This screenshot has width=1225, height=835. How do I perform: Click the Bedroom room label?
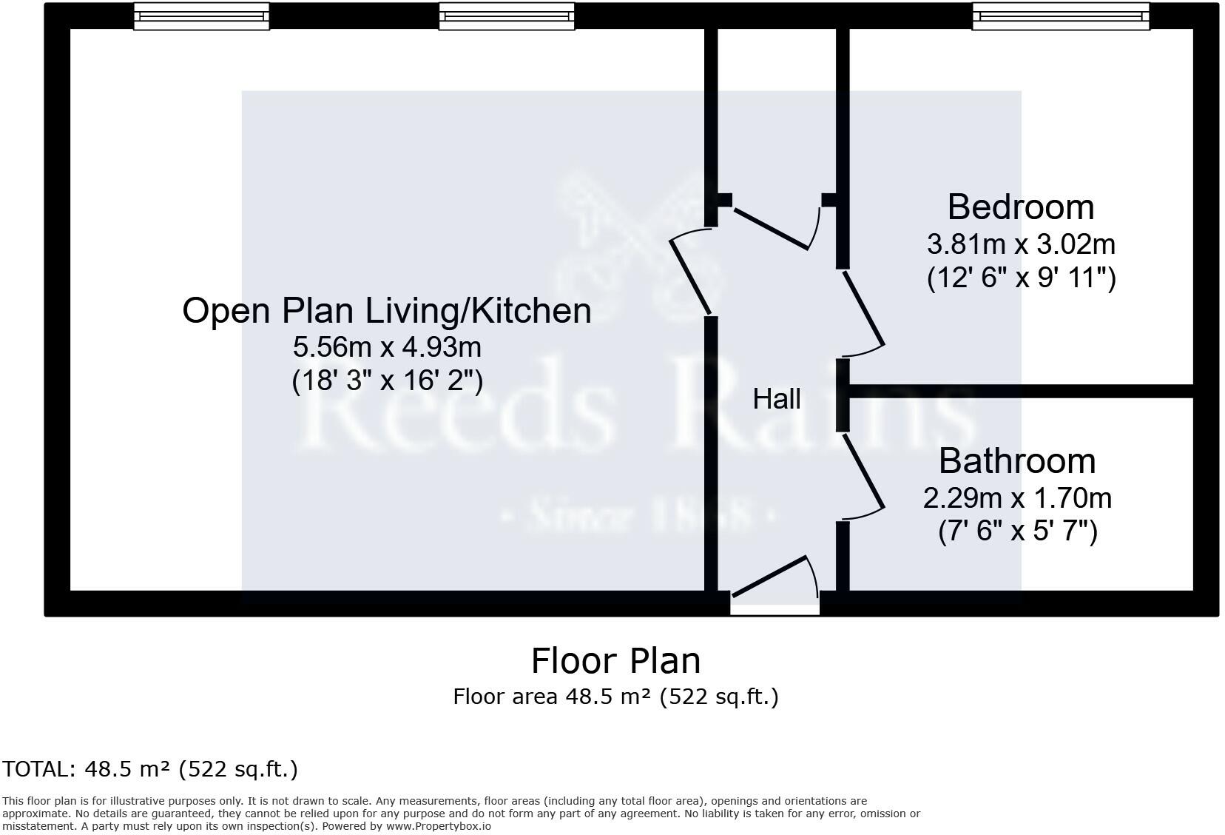[1020, 207]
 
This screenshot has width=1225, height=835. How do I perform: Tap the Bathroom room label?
[1017, 461]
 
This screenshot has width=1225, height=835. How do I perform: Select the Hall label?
[777, 399]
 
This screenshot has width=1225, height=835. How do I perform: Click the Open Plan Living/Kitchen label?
[386, 310]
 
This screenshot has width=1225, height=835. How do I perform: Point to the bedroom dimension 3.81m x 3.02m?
[1021, 244]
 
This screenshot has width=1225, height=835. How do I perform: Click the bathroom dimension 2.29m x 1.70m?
[1017, 498]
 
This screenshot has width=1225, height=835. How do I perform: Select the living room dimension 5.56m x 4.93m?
[387, 346]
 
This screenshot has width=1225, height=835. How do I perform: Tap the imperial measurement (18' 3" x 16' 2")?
[387, 381]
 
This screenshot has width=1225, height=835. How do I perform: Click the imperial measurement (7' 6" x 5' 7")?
[1017, 532]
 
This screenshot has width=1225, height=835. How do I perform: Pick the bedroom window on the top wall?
[1061, 16]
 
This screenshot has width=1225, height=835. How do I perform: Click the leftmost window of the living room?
[201, 16]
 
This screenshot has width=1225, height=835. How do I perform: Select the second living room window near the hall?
[506, 16]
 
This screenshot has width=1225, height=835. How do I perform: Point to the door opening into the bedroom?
[863, 309]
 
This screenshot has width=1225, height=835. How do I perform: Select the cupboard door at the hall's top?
[772, 229]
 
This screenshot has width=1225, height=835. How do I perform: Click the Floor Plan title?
[615, 661]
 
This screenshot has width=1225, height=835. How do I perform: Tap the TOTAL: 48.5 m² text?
[150, 769]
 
